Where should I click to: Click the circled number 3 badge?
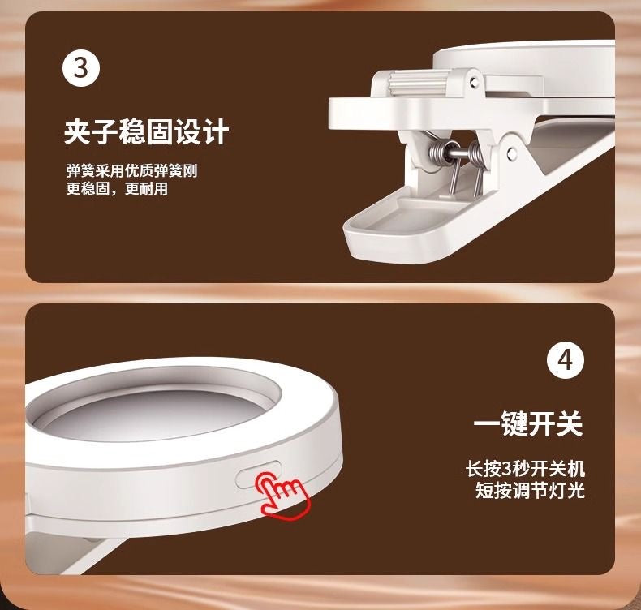81,68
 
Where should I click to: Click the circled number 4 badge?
566,360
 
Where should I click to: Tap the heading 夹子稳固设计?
146,131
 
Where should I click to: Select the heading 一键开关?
528,424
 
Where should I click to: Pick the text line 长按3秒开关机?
524,469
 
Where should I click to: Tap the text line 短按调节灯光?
529,490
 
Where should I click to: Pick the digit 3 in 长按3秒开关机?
508,469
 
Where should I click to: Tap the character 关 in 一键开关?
570,424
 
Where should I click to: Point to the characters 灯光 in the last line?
566,490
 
